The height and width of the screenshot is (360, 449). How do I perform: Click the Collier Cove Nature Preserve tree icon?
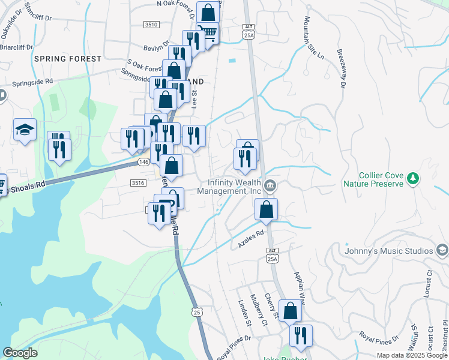pyautogui.click(x=412, y=178)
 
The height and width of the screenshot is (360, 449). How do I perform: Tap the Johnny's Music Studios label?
pyautogui.click(x=390, y=250)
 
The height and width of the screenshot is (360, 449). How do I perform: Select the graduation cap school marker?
pyautogui.click(x=25, y=129)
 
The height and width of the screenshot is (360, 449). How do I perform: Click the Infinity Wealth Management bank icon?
pyautogui.click(x=271, y=185)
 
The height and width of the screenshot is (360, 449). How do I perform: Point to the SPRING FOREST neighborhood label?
pyautogui.click(x=68, y=59)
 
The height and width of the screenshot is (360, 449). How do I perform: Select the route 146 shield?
pyautogui.click(x=143, y=163)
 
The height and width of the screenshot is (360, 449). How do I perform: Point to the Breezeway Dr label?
pyautogui.click(x=341, y=69)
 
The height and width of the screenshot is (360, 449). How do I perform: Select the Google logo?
pyautogui.click(x=20, y=353)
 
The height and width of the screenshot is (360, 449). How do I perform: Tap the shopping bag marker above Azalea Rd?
pyautogui.click(x=266, y=209)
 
